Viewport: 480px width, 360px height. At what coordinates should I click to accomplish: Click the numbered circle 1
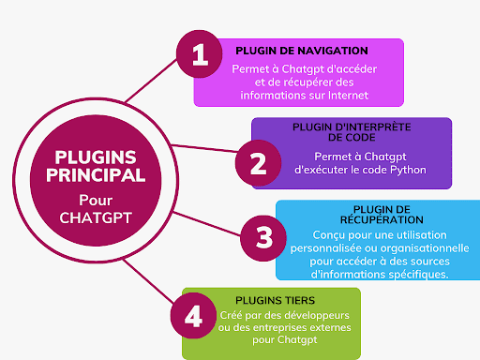point(200,53)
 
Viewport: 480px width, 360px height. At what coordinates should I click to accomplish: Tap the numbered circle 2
point(258,162)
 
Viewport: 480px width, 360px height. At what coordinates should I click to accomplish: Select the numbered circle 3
point(263,234)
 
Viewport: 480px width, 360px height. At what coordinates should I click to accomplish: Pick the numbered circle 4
point(193,315)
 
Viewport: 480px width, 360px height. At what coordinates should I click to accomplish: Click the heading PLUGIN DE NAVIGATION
point(301,51)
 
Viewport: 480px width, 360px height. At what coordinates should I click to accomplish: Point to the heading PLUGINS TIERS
point(258,299)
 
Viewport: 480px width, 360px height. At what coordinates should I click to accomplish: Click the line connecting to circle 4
point(145,282)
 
